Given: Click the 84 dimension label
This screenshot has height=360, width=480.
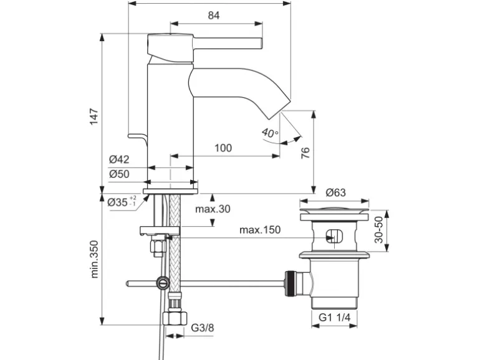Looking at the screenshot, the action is pyautogui.click(x=214, y=15).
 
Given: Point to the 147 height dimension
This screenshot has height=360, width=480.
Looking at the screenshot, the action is pyautogui.click(x=94, y=116).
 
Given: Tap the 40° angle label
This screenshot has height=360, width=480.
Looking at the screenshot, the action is pyautogui.click(x=270, y=133).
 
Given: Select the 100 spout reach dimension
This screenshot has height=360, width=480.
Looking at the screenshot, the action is pyautogui.click(x=223, y=148).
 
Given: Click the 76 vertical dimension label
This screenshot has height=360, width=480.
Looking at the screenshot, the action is pyautogui.click(x=305, y=153).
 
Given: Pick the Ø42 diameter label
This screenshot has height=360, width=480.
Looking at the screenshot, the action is pyautogui.click(x=119, y=159).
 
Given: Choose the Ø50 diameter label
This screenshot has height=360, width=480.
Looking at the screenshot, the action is pyautogui.click(x=119, y=174).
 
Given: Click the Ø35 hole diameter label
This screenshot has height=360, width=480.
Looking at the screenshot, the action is pyautogui.click(x=122, y=202).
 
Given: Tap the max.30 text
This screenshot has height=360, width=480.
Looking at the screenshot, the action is pyautogui.click(x=213, y=209).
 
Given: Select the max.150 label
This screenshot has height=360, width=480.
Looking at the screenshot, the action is pyautogui.click(x=260, y=230).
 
